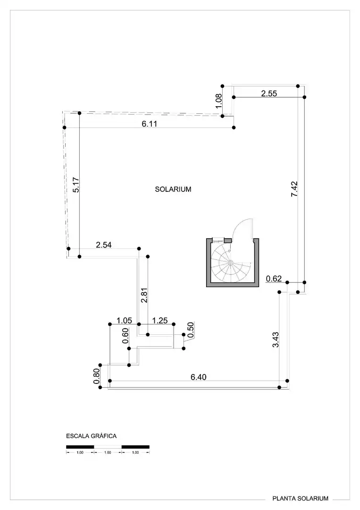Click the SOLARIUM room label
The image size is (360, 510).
[x=173, y=189]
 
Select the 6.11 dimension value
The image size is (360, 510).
[x=150, y=124]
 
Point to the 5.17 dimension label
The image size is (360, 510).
[x=76, y=185]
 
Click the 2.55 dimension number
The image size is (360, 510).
[x=269, y=93]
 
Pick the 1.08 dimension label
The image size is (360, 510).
[x=218, y=101]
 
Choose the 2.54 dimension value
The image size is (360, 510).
[x=104, y=245]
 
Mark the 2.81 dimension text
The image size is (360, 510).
[x=144, y=295]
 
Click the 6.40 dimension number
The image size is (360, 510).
[x=199, y=377]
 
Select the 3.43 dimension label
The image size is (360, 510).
[x=276, y=340]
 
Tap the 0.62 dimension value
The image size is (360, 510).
[x=274, y=279]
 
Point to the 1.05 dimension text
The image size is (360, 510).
[x=124, y=321]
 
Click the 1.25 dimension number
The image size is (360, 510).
[x=160, y=321]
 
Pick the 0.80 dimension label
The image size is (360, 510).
[x=97, y=376]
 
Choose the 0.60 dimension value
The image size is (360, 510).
[x=126, y=336]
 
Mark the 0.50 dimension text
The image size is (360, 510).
[x=191, y=330]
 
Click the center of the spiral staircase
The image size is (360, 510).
[x=230, y=262]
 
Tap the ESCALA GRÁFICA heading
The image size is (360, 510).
[x=92, y=436]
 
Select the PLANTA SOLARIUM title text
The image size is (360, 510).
[x=300, y=498]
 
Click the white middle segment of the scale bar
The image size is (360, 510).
[x=108, y=447]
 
